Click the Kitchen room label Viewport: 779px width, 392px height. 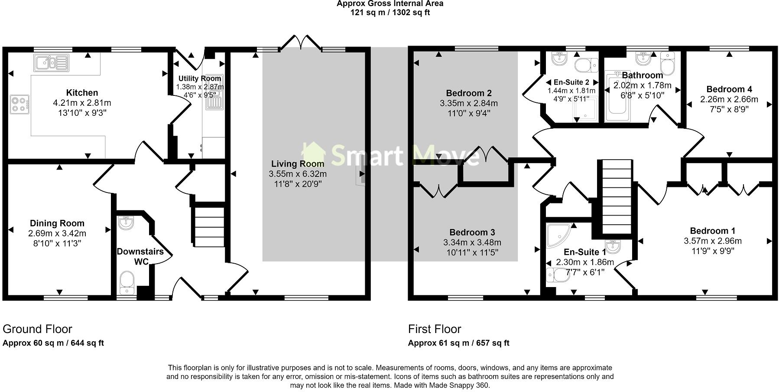[82, 92]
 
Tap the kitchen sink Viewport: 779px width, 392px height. [51, 63]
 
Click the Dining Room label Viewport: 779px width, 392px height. [57, 223]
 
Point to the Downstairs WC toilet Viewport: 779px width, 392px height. [127, 281]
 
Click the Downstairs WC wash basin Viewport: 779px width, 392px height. [126, 222]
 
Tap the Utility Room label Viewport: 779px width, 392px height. [200, 78]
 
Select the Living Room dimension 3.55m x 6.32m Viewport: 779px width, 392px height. [298, 174]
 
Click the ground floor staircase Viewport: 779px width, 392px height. [209, 232]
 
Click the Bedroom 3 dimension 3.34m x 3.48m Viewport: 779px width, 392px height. [472, 243]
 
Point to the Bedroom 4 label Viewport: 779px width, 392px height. [729, 89]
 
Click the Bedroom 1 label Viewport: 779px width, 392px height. [713, 231]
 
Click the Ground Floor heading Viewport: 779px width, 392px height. [37, 329]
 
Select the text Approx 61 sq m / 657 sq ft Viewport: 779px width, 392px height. [459, 343]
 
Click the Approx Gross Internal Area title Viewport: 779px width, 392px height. [390, 3]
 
